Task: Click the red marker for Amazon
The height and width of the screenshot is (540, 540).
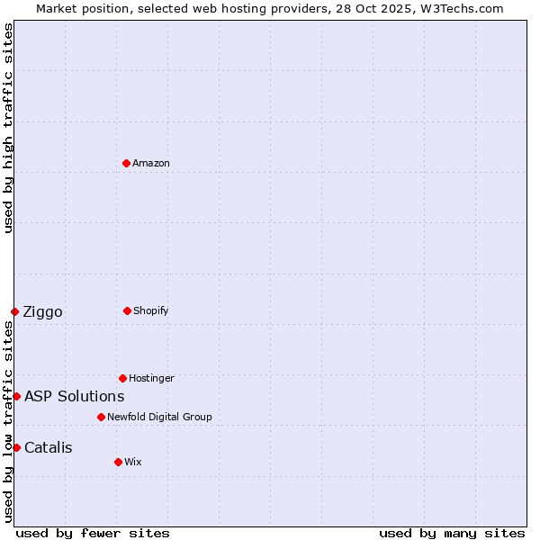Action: [127, 163]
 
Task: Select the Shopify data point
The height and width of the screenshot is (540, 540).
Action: [127, 310]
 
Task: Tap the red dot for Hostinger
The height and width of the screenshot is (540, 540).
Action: [122, 378]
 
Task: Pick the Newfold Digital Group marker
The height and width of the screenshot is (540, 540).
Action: [101, 417]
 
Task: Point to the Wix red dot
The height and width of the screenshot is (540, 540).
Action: [118, 462]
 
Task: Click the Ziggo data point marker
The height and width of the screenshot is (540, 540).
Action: [14, 311]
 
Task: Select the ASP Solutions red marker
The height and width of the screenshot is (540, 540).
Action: [16, 396]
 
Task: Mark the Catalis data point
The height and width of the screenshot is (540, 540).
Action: [16, 447]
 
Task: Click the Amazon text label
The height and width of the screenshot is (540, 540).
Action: [151, 163]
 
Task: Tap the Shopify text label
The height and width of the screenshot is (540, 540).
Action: [151, 310]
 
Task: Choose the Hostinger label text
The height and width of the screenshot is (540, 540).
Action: [151, 378]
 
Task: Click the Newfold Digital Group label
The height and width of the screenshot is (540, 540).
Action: [159, 417]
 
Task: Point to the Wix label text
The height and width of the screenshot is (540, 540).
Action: [133, 462]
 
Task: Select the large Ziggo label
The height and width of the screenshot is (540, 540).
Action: [42, 312]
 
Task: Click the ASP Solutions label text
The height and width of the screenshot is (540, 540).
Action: [74, 396]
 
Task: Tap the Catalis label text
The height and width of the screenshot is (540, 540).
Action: [49, 447]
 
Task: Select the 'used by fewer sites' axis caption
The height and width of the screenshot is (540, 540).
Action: [93, 533]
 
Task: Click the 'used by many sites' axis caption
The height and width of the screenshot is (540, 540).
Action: [452, 533]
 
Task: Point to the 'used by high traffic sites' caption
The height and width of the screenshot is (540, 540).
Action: [8, 128]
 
